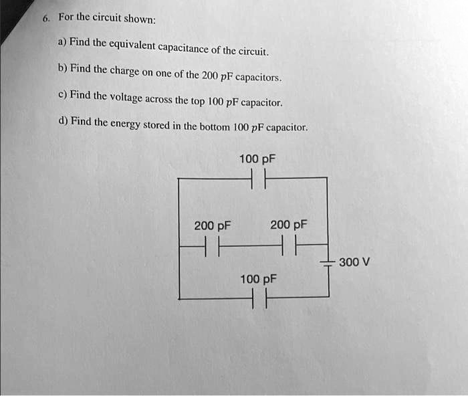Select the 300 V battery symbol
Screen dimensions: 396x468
328,262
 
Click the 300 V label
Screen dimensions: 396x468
354,262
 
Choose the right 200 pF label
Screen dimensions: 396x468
288,225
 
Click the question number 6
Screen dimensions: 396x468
45,19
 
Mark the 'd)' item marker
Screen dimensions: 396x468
62,121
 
